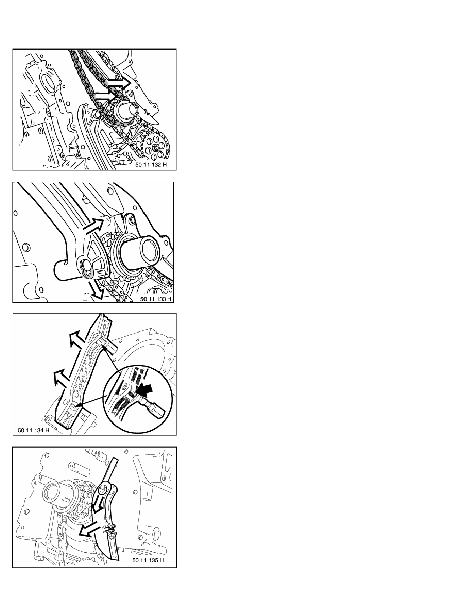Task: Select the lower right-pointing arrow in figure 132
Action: pyautogui.click(x=106, y=95)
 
